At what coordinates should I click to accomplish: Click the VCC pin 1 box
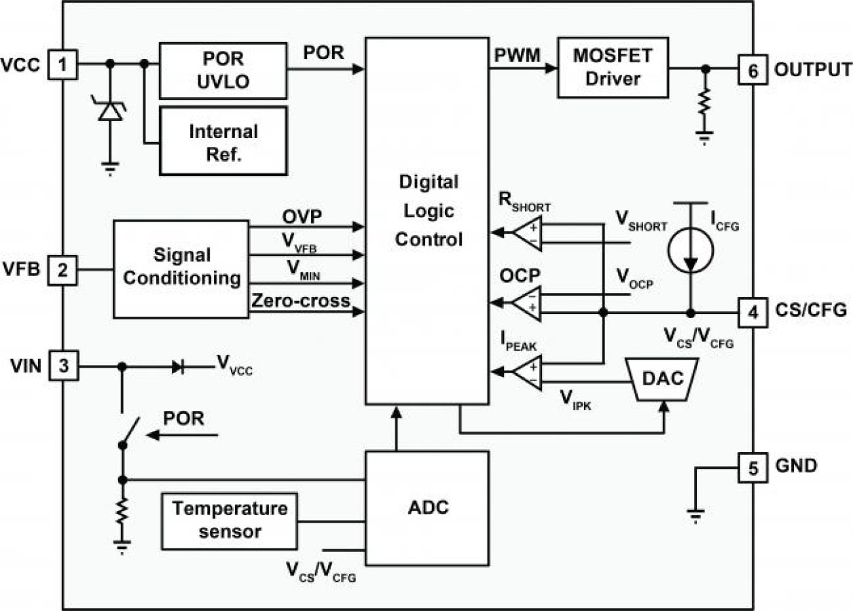(x=63, y=65)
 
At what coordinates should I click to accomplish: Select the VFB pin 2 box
(x=63, y=270)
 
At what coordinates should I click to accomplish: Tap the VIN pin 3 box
(x=63, y=366)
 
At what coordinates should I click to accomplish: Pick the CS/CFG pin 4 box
(x=752, y=313)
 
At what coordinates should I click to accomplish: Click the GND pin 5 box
(x=752, y=467)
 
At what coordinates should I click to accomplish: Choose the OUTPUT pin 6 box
(x=752, y=69)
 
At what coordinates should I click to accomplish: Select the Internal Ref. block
(x=223, y=141)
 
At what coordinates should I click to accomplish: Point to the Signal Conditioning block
(x=181, y=268)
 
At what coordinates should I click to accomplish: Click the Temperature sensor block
(x=229, y=520)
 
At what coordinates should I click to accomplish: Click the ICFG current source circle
(x=691, y=257)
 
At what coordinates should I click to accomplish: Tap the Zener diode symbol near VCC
(x=110, y=111)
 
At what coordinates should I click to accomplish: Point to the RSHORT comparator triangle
(x=528, y=233)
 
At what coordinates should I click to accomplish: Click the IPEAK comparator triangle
(x=528, y=371)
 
